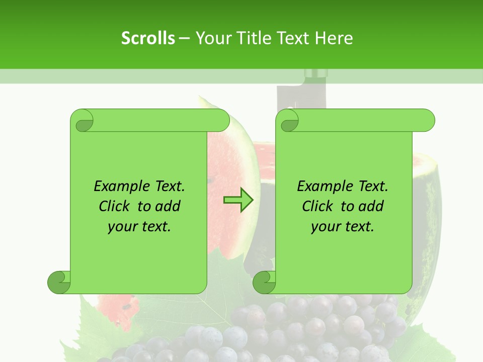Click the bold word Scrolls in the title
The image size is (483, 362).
pyautogui.click(x=148, y=38)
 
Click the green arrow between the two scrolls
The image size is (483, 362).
pyautogui.click(x=238, y=200)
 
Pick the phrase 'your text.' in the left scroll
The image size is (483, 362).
pyautogui.click(x=139, y=227)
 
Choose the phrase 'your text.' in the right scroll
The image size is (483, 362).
pyautogui.click(x=343, y=227)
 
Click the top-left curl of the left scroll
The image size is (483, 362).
pyautogui.click(x=82, y=121)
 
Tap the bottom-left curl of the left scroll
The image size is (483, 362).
pyautogui.click(x=59, y=282)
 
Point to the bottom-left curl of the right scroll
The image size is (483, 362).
pyautogui.click(x=264, y=282)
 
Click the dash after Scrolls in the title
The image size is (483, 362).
pyautogui.click(x=184, y=38)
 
